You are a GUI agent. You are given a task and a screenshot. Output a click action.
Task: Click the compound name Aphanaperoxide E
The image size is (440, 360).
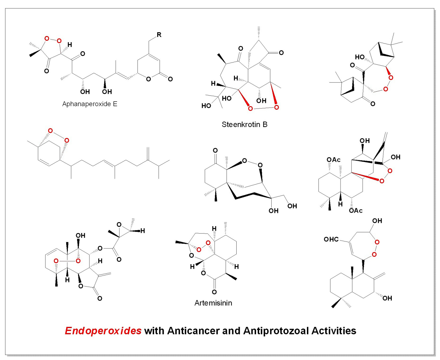point(90,104)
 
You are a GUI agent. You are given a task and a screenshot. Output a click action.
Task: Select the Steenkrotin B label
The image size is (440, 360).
point(244,125)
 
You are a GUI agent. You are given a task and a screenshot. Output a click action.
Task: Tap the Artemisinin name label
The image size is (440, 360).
point(213,303)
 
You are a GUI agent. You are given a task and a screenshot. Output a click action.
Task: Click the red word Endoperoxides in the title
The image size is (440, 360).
point(103,331)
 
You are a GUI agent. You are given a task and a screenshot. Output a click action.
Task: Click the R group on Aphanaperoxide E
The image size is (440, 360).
point(159,35)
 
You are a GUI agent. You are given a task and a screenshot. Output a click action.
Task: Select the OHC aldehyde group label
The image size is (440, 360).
point(331,239)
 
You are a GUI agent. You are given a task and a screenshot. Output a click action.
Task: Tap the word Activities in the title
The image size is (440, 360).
point(334,331)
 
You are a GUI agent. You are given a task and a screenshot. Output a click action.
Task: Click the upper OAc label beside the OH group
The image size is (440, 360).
point(333,160)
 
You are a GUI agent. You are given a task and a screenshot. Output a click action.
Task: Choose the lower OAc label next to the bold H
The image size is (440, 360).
point(355,211)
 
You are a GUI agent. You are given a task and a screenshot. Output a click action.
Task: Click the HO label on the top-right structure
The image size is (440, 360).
point(360,57)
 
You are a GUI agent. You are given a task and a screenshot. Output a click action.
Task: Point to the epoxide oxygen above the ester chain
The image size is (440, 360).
point(119,224)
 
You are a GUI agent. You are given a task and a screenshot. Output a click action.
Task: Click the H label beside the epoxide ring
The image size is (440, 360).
point(143,231)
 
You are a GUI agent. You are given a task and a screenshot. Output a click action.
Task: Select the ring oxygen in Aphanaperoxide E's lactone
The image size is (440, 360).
point(148,79)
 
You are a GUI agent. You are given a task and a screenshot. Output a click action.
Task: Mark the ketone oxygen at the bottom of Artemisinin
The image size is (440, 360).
point(214,292)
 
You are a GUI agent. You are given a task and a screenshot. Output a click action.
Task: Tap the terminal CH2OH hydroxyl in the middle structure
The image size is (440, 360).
point(292,206)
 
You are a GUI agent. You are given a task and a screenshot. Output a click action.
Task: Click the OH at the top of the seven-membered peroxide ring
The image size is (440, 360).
point(377,221)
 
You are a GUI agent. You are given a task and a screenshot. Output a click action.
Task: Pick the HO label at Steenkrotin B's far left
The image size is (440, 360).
point(206,106)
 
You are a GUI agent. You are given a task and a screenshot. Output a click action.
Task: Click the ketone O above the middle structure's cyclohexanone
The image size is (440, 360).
point(215,150)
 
